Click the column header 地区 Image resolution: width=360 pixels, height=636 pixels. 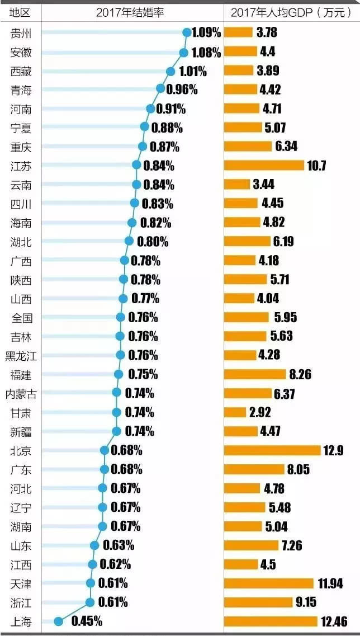point(20,12)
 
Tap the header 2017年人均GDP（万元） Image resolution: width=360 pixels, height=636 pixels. point(291,12)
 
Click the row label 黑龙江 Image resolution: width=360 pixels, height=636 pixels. point(21,355)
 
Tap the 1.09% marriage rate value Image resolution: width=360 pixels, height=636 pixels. point(206,32)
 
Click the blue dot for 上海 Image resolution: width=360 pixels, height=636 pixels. point(58,620)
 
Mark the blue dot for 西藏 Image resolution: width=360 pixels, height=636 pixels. point(170,71)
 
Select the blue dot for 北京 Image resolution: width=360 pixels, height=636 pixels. point(105,450)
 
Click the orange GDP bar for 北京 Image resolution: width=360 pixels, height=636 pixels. point(272,450)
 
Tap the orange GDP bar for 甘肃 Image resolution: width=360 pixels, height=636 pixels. point(235,412)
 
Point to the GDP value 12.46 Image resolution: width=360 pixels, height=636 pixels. point(335,621)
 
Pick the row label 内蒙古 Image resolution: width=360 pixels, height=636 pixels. point(21,394)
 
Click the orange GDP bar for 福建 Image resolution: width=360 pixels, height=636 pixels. point(255,374)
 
